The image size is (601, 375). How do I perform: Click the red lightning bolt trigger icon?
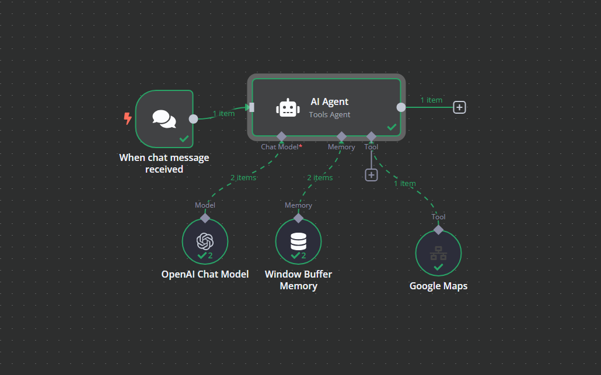(x=127, y=119)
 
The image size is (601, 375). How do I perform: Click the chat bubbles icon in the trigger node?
(x=164, y=119)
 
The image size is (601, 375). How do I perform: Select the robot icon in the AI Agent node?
(x=286, y=108)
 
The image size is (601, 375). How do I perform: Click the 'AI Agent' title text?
(x=329, y=101)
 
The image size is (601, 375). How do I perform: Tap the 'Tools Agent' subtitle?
(x=329, y=115)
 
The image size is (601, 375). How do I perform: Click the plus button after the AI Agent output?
(x=460, y=107)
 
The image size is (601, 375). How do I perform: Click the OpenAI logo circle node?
(x=205, y=241)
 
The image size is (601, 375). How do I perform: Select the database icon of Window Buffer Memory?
(x=298, y=241)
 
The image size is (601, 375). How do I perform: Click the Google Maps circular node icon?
(x=438, y=253)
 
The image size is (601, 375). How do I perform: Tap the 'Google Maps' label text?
(x=438, y=286)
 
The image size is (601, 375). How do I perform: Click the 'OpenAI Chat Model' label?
(x=205, y=274)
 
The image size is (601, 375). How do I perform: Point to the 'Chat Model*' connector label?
(x=281, y=147)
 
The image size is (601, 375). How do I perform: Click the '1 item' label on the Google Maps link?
(x=404, y=183)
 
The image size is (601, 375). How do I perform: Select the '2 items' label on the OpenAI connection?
(x=243, y=177)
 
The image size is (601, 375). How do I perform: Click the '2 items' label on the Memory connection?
(x=320, y=177)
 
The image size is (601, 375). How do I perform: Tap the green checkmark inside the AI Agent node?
(x=392, y=127)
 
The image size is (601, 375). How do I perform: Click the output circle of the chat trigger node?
(x=193, y=119)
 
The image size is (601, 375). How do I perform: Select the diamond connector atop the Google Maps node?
(x=438, y=230)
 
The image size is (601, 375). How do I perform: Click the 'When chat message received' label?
(x=164, y=163)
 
